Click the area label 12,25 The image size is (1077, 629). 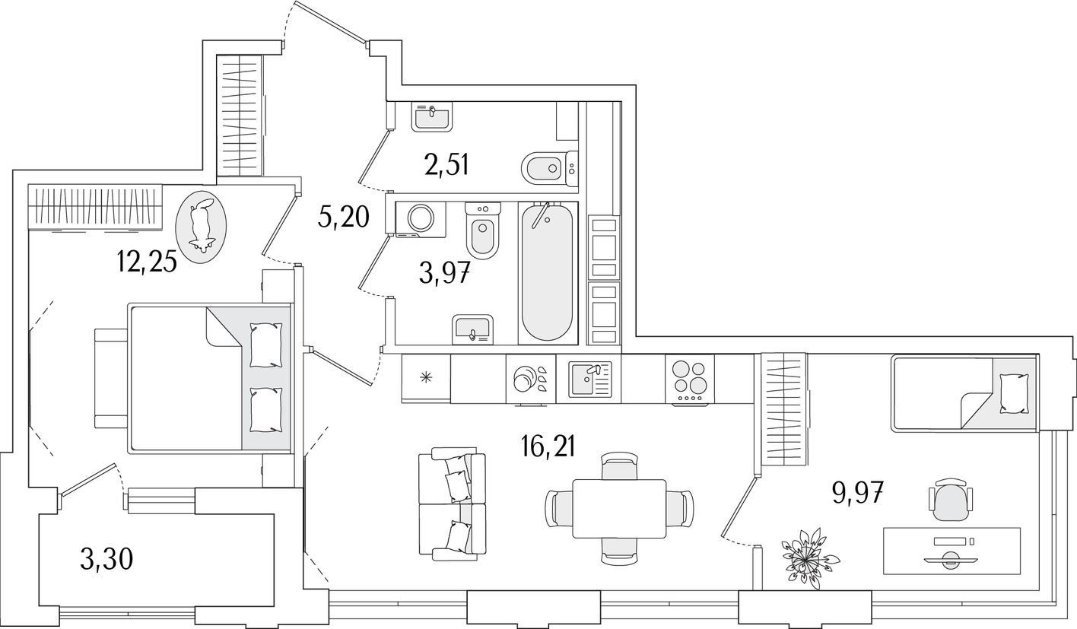(147, 262)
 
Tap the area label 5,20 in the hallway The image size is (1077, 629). (343, 217)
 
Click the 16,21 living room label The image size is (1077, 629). (548, 446)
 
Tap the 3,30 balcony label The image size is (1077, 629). (106, 559)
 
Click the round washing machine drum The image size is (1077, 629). (421, 218)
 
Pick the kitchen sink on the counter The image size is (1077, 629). (590, 379)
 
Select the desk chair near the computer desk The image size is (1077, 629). (950, 500)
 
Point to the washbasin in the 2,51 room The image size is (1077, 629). (431, 117)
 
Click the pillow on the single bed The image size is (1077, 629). (1014, 394)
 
